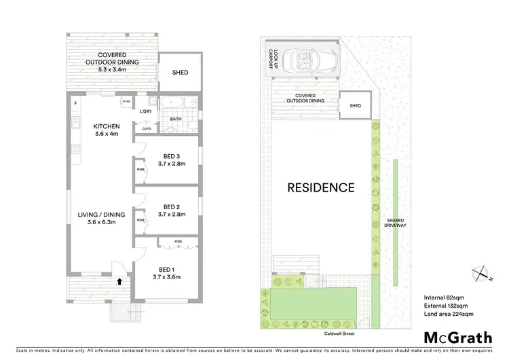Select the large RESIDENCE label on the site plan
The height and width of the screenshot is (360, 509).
pyautogui.click(x=321, y=187)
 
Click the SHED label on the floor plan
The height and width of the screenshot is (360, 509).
pyautogui.click(x=180, y=73)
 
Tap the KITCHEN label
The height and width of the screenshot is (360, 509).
pyautogui.click(x=107, y=126)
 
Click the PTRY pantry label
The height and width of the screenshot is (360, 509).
pyautogui.click(x=126, y=102)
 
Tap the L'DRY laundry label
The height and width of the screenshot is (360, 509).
pyautogui.click(x=145, y=112)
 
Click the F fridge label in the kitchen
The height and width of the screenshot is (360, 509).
pyautogui.click(x=75, y=103)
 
